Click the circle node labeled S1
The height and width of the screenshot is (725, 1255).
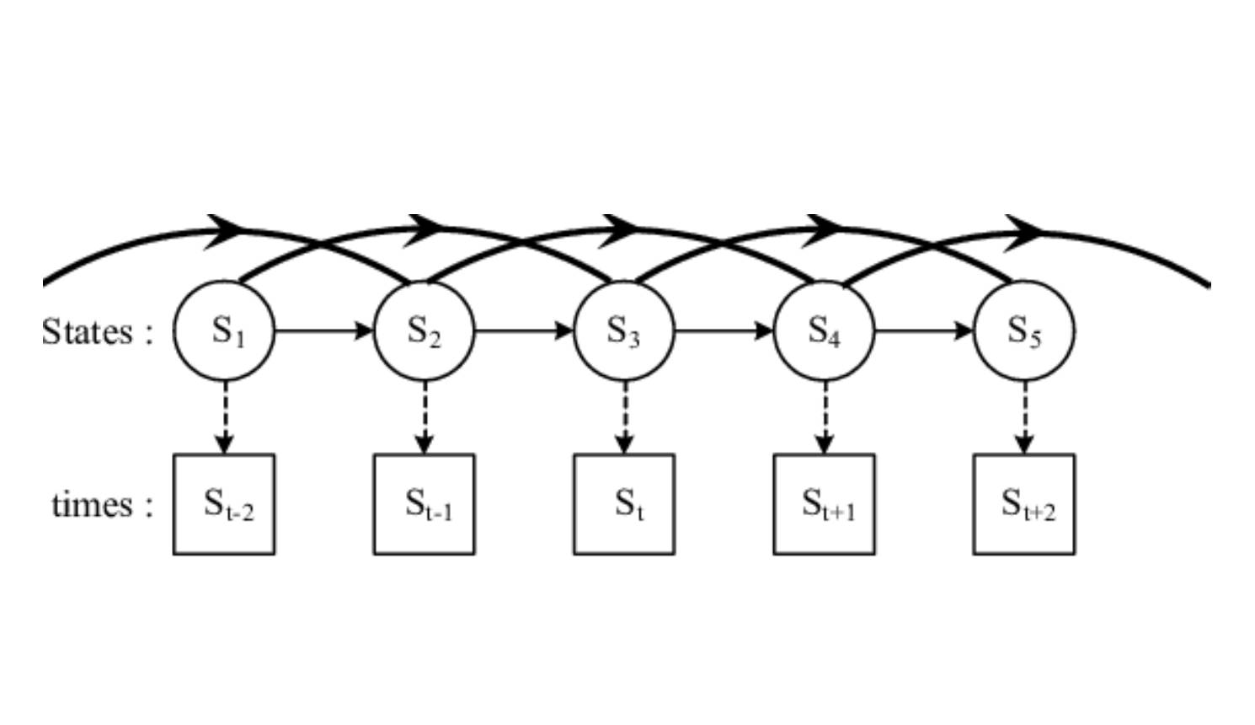(x=224, y=330)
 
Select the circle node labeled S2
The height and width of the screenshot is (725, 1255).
(x=424, y=330)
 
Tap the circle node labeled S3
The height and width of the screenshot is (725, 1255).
(x=623, y=330)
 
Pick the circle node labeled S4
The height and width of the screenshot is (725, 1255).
(x=824, y=330)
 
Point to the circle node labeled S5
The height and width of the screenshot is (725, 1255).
(x=1023, y=330)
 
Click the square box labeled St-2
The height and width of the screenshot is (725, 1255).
(x=224, y=504)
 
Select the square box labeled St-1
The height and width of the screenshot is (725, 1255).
(x=424, y=504)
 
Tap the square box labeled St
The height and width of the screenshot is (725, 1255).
(x=623, y=504)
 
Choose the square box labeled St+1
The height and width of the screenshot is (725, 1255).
(x=824, y=504)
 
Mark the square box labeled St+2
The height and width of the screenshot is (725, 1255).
(x=1023, y=504)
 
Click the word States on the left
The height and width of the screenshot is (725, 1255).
(x=88, y=331)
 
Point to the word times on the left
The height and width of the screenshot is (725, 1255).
(x=93, y=504)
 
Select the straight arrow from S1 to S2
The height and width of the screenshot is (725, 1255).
(x=323, y=330)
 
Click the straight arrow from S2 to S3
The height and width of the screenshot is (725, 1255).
(x=523, y=330)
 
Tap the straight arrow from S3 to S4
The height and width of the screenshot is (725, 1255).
(x=724, y=330)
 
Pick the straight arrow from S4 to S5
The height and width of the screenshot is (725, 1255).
(x=923, y=330)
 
